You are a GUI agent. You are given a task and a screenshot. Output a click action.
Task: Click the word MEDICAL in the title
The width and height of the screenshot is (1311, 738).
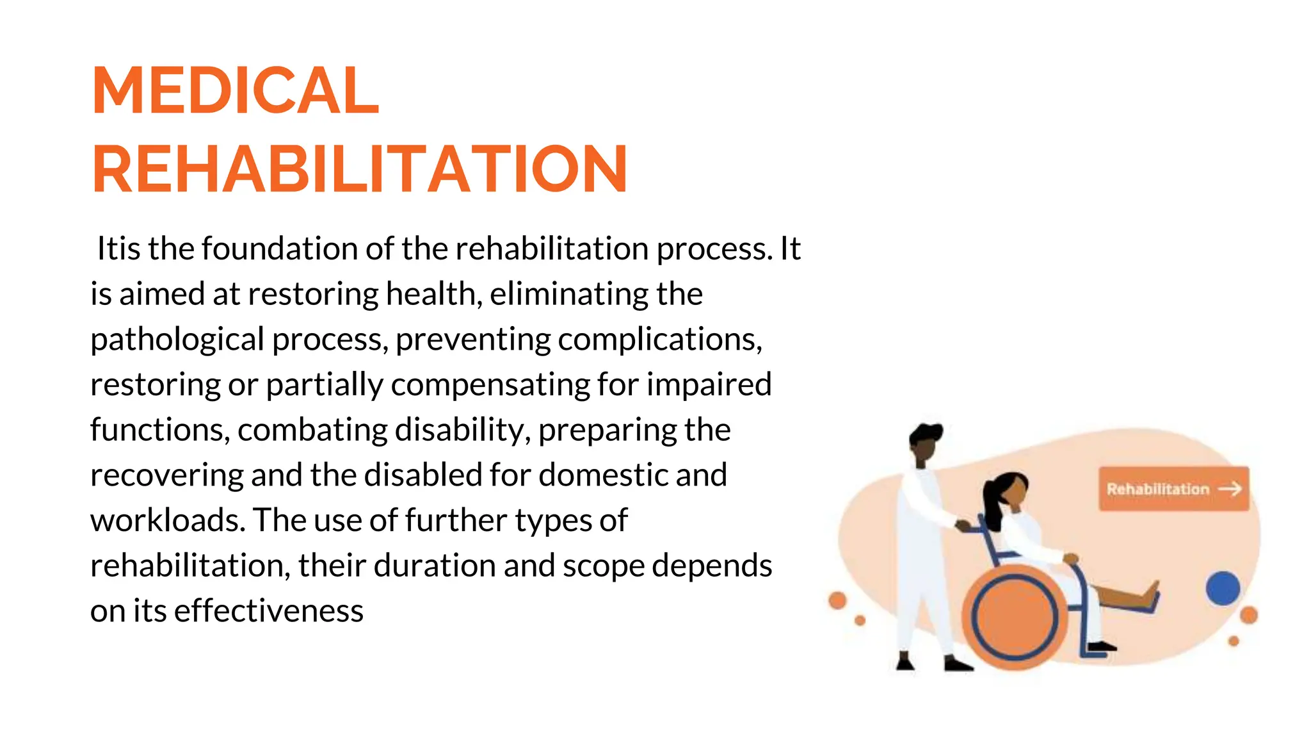236,91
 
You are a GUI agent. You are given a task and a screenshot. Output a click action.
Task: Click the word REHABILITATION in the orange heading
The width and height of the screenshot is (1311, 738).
359,170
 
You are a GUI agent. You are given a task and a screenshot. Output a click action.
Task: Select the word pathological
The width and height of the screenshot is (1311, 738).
177,340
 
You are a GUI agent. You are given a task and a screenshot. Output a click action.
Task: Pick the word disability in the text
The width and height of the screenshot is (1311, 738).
463,430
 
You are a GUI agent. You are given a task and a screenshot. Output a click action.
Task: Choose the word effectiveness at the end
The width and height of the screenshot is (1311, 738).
269,611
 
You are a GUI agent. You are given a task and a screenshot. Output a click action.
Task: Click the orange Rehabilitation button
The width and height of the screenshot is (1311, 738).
1173,489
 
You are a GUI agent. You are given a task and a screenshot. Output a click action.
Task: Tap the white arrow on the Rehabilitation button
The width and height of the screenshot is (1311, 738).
1230,489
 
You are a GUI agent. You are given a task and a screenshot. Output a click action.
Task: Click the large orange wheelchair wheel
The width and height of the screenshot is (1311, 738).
1015,616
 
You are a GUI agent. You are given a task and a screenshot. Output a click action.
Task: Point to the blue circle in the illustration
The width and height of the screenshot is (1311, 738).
1223,589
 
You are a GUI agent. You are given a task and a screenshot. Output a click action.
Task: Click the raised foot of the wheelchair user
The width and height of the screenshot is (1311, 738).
1152,593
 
